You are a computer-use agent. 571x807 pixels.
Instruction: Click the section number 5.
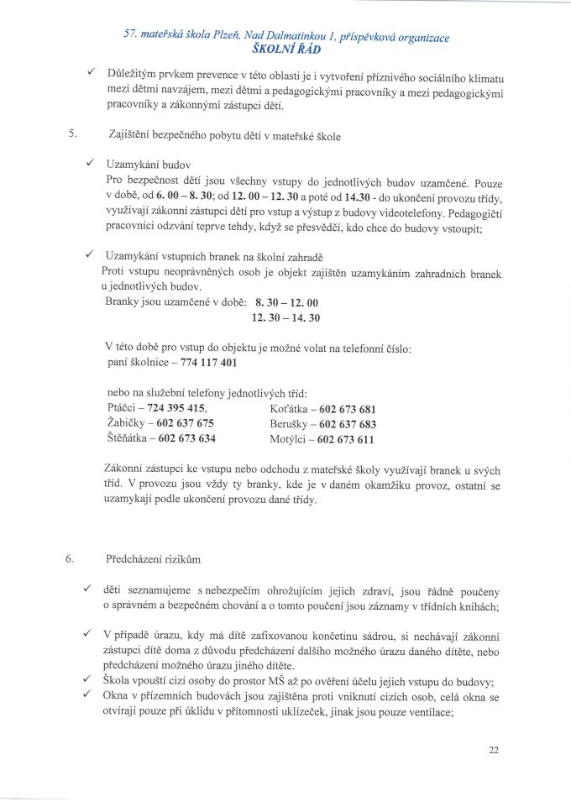[73, 132]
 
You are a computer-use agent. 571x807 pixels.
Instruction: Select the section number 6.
[73, 558]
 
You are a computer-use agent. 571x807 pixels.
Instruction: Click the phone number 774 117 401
[208, 363]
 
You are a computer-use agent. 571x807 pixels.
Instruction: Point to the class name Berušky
[290, 424]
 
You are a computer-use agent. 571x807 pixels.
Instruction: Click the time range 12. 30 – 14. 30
[285, 317]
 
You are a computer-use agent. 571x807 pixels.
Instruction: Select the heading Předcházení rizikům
[156, 558]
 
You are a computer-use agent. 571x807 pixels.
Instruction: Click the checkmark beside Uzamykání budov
[88, 163]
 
